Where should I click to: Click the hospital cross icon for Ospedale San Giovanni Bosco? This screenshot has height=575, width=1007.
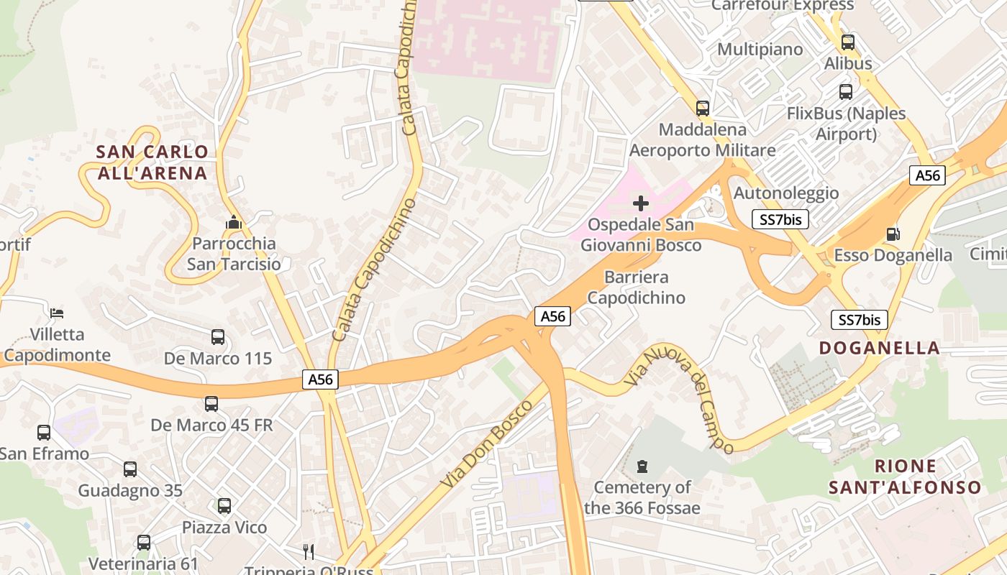(x=640, y=203)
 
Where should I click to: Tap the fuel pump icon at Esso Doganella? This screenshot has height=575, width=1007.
(x=893, y=234)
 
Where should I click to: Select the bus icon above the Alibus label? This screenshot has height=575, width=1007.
(x=848, y=42)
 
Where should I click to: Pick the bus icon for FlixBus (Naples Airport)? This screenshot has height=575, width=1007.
(x=846, y=92)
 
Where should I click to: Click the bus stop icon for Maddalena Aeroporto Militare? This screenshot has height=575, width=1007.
(x=703, y=109)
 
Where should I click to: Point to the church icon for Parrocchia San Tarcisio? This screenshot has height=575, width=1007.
(x=233, y=223)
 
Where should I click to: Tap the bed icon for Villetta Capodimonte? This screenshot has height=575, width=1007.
(x=57, y=313)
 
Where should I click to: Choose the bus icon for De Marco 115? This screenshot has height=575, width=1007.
(x=218, y=336)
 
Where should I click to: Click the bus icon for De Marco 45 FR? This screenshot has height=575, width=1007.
(x=211, y=404)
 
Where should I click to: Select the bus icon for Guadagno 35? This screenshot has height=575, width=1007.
(x=130, y=469)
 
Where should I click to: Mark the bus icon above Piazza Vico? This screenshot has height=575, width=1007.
(x=224, y=506)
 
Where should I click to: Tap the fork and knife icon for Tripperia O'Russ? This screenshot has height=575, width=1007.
(x=309, y=552)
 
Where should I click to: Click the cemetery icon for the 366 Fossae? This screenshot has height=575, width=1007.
(x=642, y=466)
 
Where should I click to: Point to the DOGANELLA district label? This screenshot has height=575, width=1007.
(x=880, y=348)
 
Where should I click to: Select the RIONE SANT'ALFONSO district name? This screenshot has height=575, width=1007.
(x=905, y=477)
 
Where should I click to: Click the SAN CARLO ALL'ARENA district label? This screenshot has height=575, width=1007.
(x=152, y=162)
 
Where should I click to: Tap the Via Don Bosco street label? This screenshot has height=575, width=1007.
(x=487, y=444)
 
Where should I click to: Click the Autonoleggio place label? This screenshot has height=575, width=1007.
(x=785, y=193)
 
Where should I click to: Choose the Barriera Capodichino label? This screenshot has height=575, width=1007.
(x=637, y=287)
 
